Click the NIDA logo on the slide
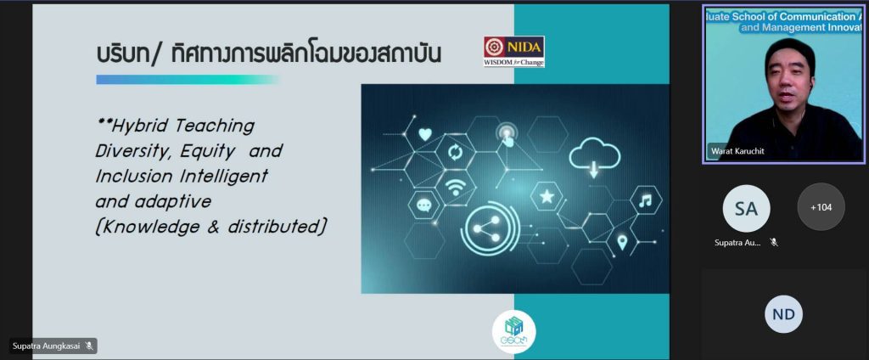click(514, 52)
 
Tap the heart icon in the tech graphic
click(425, 133)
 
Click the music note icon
click(646, 201)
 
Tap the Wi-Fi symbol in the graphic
click(456, 184)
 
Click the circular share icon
click(490, 227)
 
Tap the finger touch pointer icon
click(507, 134)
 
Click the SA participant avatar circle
click(746, 207)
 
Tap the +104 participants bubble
click(821, 207)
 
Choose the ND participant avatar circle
click(783, 315)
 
